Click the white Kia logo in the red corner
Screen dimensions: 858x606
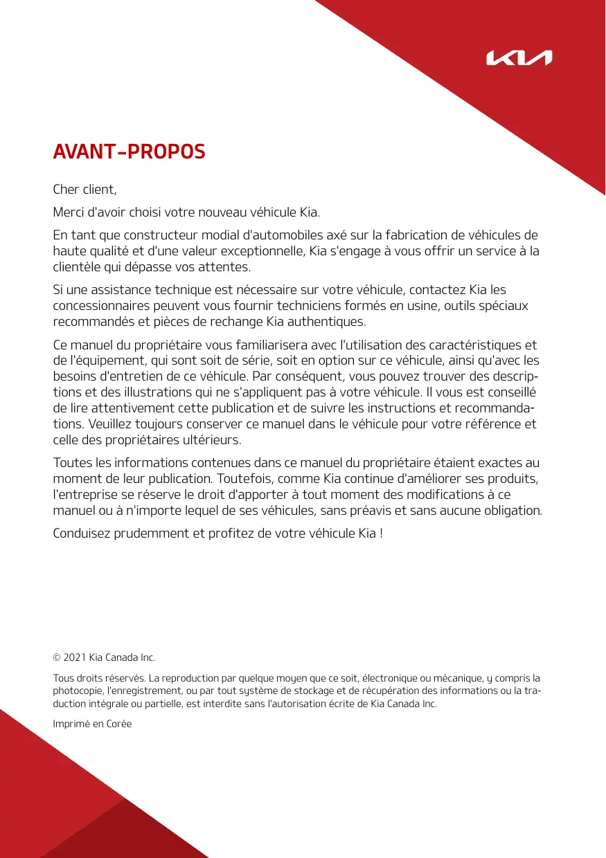(x=519, y=58)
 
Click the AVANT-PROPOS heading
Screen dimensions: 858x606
(x=130, y=152)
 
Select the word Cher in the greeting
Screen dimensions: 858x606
(x=68, y=189)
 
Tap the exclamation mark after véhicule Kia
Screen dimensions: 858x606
(x=381, y=533)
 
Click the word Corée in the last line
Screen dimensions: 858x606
(x=118, y=724)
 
